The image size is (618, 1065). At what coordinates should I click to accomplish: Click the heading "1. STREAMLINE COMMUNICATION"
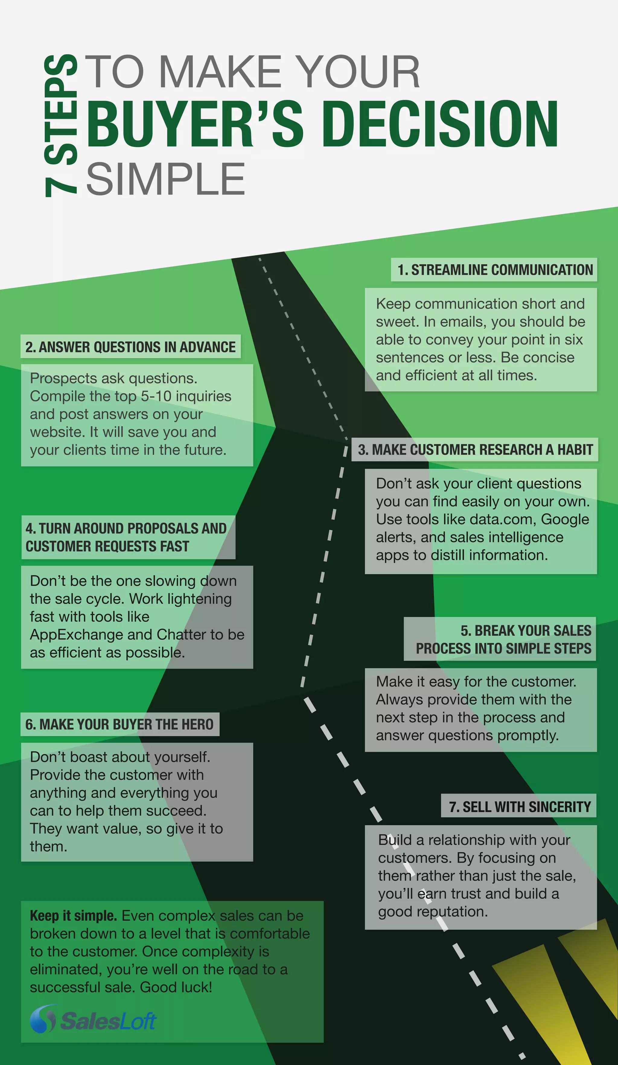(x=495, y=270)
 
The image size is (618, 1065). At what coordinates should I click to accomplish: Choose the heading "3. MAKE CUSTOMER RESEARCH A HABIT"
(x=475, y=450)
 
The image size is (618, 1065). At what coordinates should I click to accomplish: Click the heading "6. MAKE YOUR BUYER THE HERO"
(x=119, y=724)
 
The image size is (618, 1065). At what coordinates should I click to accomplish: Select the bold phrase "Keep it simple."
(x=73, y=916)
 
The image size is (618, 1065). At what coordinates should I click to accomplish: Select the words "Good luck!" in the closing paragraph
(x=176, y=987)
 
